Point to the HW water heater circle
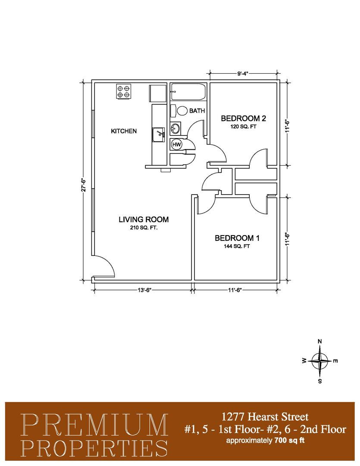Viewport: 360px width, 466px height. (177, 145)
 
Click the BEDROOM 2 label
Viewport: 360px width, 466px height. (241, 119)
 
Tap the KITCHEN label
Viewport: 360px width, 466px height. (124, 131)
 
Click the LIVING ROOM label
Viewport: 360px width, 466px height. (144, 220)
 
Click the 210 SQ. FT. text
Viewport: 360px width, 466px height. (144, 228)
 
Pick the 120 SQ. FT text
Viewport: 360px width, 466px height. (241, 127)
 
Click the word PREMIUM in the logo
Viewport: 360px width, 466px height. (95, 425)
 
